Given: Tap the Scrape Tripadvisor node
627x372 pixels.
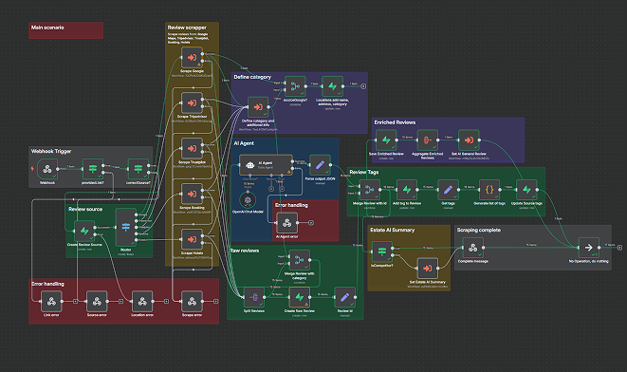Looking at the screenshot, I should pos(193,104).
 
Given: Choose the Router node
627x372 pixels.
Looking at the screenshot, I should pos(126,230).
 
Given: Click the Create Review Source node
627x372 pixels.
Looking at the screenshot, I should pos(84,230).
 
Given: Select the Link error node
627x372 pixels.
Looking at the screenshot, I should pos(49,302).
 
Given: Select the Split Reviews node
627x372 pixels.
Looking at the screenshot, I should pos(252,295).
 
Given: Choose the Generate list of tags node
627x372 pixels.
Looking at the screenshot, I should pos(488,189).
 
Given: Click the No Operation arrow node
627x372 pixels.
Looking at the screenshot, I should pos(588,245).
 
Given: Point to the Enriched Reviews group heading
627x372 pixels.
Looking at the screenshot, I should pos(396,122).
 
